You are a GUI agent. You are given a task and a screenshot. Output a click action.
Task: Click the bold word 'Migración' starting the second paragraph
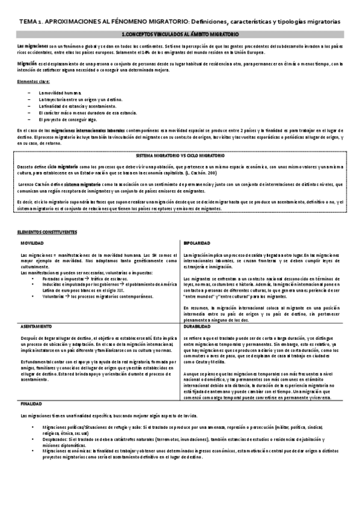27,63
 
